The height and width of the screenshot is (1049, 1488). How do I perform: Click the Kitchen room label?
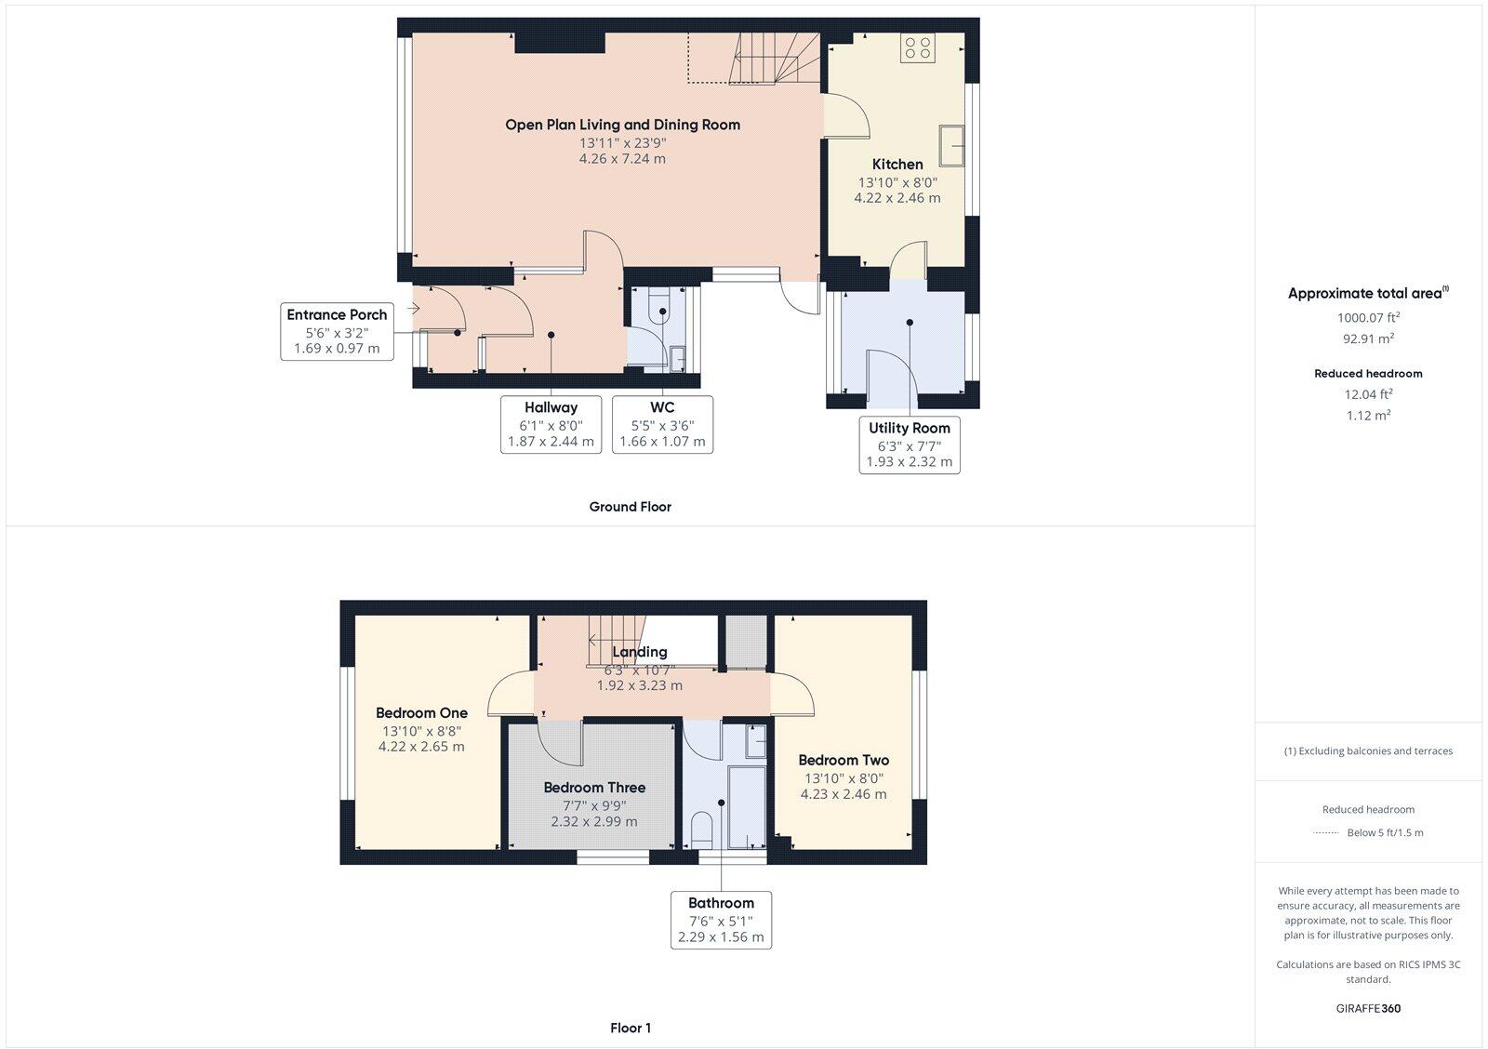coord(897,165)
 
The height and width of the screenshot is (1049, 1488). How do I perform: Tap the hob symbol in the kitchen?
coord(917,47)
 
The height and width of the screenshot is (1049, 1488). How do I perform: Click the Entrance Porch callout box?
coord(337,331)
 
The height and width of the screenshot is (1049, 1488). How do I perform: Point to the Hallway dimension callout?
coord(551,424)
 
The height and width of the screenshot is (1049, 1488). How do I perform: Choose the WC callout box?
coord(662,424)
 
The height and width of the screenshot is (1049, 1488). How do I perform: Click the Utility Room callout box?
coord(909,445)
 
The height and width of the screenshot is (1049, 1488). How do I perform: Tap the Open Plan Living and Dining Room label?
coord(622,125)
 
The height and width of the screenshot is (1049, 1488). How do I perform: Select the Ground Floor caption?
coord(630,507)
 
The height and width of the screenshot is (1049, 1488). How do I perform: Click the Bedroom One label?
coord(421,713)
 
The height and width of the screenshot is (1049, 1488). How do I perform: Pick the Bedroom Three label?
coord(594,788)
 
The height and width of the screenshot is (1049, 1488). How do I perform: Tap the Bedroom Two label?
coord(843,761)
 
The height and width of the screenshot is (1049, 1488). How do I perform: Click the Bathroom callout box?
coord(721,919)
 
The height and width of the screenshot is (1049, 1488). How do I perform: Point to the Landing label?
coord(639,652)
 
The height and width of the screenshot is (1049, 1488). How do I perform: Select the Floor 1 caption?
coord(630,1028)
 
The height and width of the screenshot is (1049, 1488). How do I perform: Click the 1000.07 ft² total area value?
coord(1368,317)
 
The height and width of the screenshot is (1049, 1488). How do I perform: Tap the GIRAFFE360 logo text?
coord(1368,1008)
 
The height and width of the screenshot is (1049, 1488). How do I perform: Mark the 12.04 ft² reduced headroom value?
coord(1368,394)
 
